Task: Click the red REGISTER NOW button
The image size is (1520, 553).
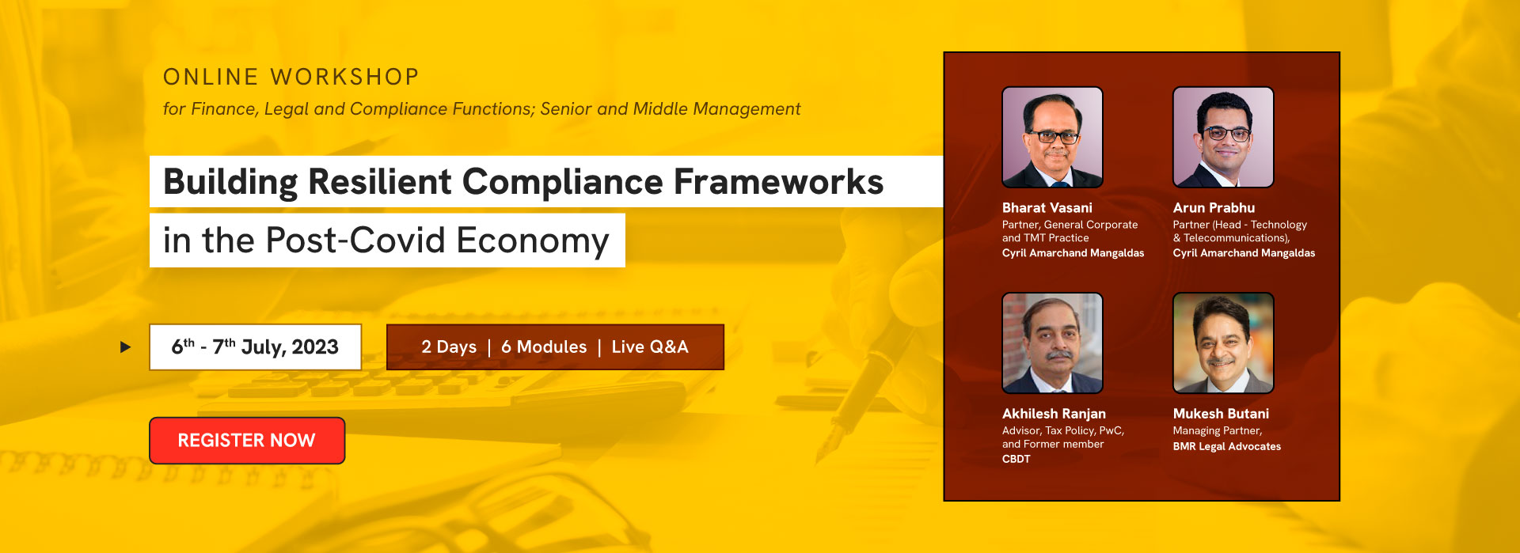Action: [247, 441]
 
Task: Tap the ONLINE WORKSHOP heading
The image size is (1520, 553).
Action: [291, 77]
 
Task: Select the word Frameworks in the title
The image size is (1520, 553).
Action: [778, 182]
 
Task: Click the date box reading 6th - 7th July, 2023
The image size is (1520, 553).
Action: [255, 347]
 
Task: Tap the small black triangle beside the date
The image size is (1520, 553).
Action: [125, 347]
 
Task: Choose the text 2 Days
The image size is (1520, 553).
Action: [449, 347]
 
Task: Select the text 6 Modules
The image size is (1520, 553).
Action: [544, 347]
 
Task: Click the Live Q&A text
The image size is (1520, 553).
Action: [650, 347]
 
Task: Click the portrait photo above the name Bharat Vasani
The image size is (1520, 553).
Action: [1052, 137]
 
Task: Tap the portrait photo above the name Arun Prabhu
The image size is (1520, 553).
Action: [1223, 137]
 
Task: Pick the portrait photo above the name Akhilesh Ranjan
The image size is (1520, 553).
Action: [1052, 343]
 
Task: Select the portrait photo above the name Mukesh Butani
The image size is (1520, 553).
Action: [1223, 343]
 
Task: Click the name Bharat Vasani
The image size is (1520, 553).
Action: [1047, 207]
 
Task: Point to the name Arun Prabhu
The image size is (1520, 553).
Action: [1214, 207]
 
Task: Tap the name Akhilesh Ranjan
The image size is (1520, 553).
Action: [1054, 414]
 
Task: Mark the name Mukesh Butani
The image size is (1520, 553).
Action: [1221, 414]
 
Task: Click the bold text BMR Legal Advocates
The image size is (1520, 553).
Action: [1227, 446]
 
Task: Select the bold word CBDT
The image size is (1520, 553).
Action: [1016, 459]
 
